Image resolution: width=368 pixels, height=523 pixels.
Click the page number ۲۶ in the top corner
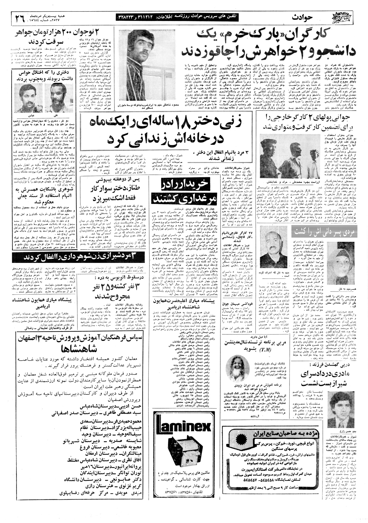(x=20, y=18)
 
